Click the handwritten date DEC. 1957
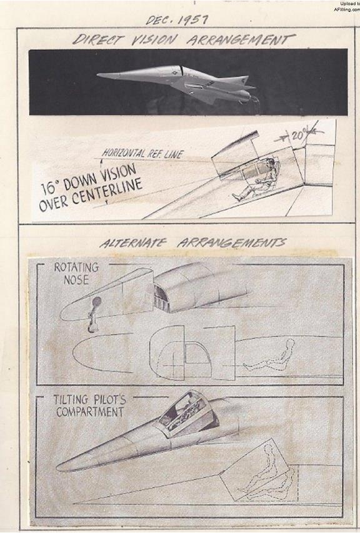[x=176, y=20]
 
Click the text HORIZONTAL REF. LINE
[x=142, y=154]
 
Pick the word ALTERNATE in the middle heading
[x=133, y=243]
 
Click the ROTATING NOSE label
[x=76, y=273]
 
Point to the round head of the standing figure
[x=96, y=301]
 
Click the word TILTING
[x=71, y=399]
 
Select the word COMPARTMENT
[x=90, y=412]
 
